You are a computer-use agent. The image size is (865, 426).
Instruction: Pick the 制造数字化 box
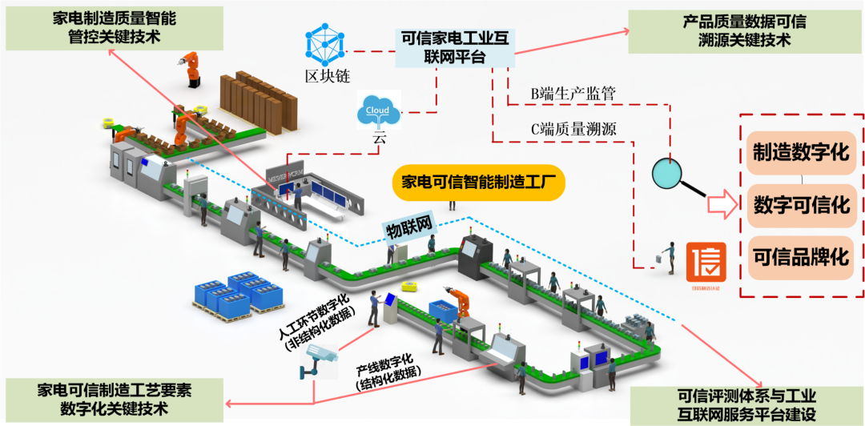pyautogui.click(x=800, y=151)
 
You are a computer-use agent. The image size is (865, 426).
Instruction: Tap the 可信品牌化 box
pyautogui.click(x=800, y=256)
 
